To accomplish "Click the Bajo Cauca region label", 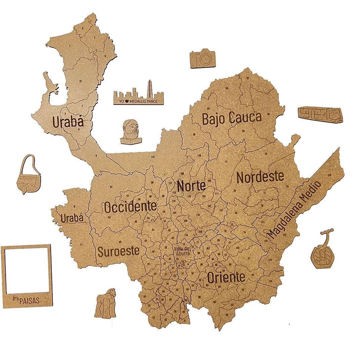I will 232,118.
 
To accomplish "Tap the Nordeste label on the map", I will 260,177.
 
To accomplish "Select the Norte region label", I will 191,186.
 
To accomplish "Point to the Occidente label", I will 130,207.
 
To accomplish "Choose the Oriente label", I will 226,278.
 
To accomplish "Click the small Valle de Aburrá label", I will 182,251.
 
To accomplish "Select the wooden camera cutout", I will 202,58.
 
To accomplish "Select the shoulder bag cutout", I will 29,175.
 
